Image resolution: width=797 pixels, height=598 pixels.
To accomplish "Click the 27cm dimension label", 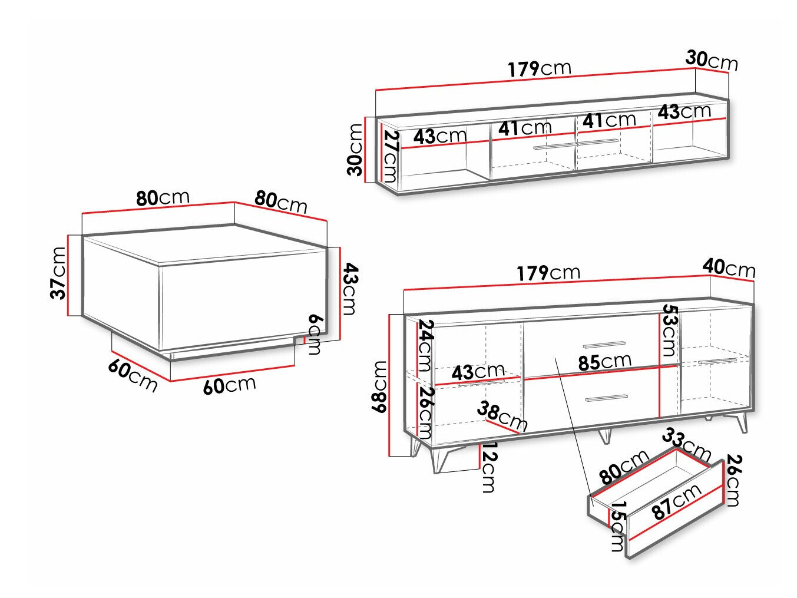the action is (392, 157).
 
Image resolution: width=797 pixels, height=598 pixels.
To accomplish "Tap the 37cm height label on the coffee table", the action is (58, 273).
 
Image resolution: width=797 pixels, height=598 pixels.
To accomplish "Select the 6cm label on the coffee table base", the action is (315, 335).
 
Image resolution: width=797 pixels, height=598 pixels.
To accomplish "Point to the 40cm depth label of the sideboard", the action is (729, 269).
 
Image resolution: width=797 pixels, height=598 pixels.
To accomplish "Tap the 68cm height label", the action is (379, 386).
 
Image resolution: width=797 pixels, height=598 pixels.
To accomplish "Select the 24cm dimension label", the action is (425, 345).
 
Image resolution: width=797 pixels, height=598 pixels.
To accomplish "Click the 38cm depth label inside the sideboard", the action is (501, 416).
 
